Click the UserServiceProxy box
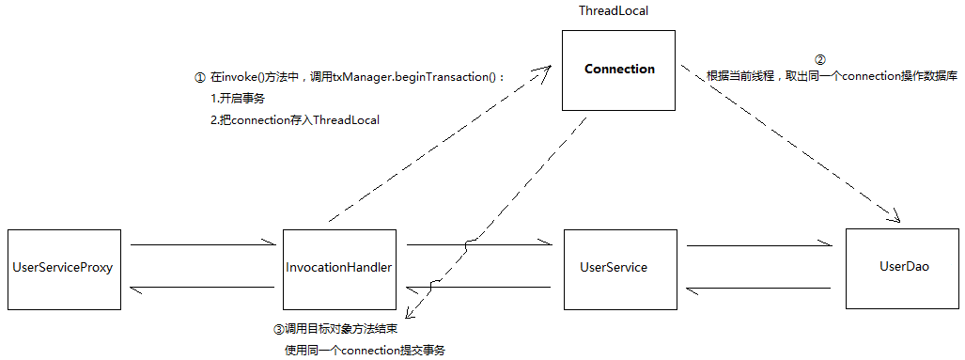63,268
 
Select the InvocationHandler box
338,268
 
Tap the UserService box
614,268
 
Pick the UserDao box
903,268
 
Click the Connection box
618,70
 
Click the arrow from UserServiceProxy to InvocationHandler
202,245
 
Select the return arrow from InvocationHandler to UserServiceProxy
202,288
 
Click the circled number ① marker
199,77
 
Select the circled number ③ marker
278,330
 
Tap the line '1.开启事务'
238,99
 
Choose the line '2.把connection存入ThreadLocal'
295,120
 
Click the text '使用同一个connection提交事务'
365,350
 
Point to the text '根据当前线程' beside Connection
739,77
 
